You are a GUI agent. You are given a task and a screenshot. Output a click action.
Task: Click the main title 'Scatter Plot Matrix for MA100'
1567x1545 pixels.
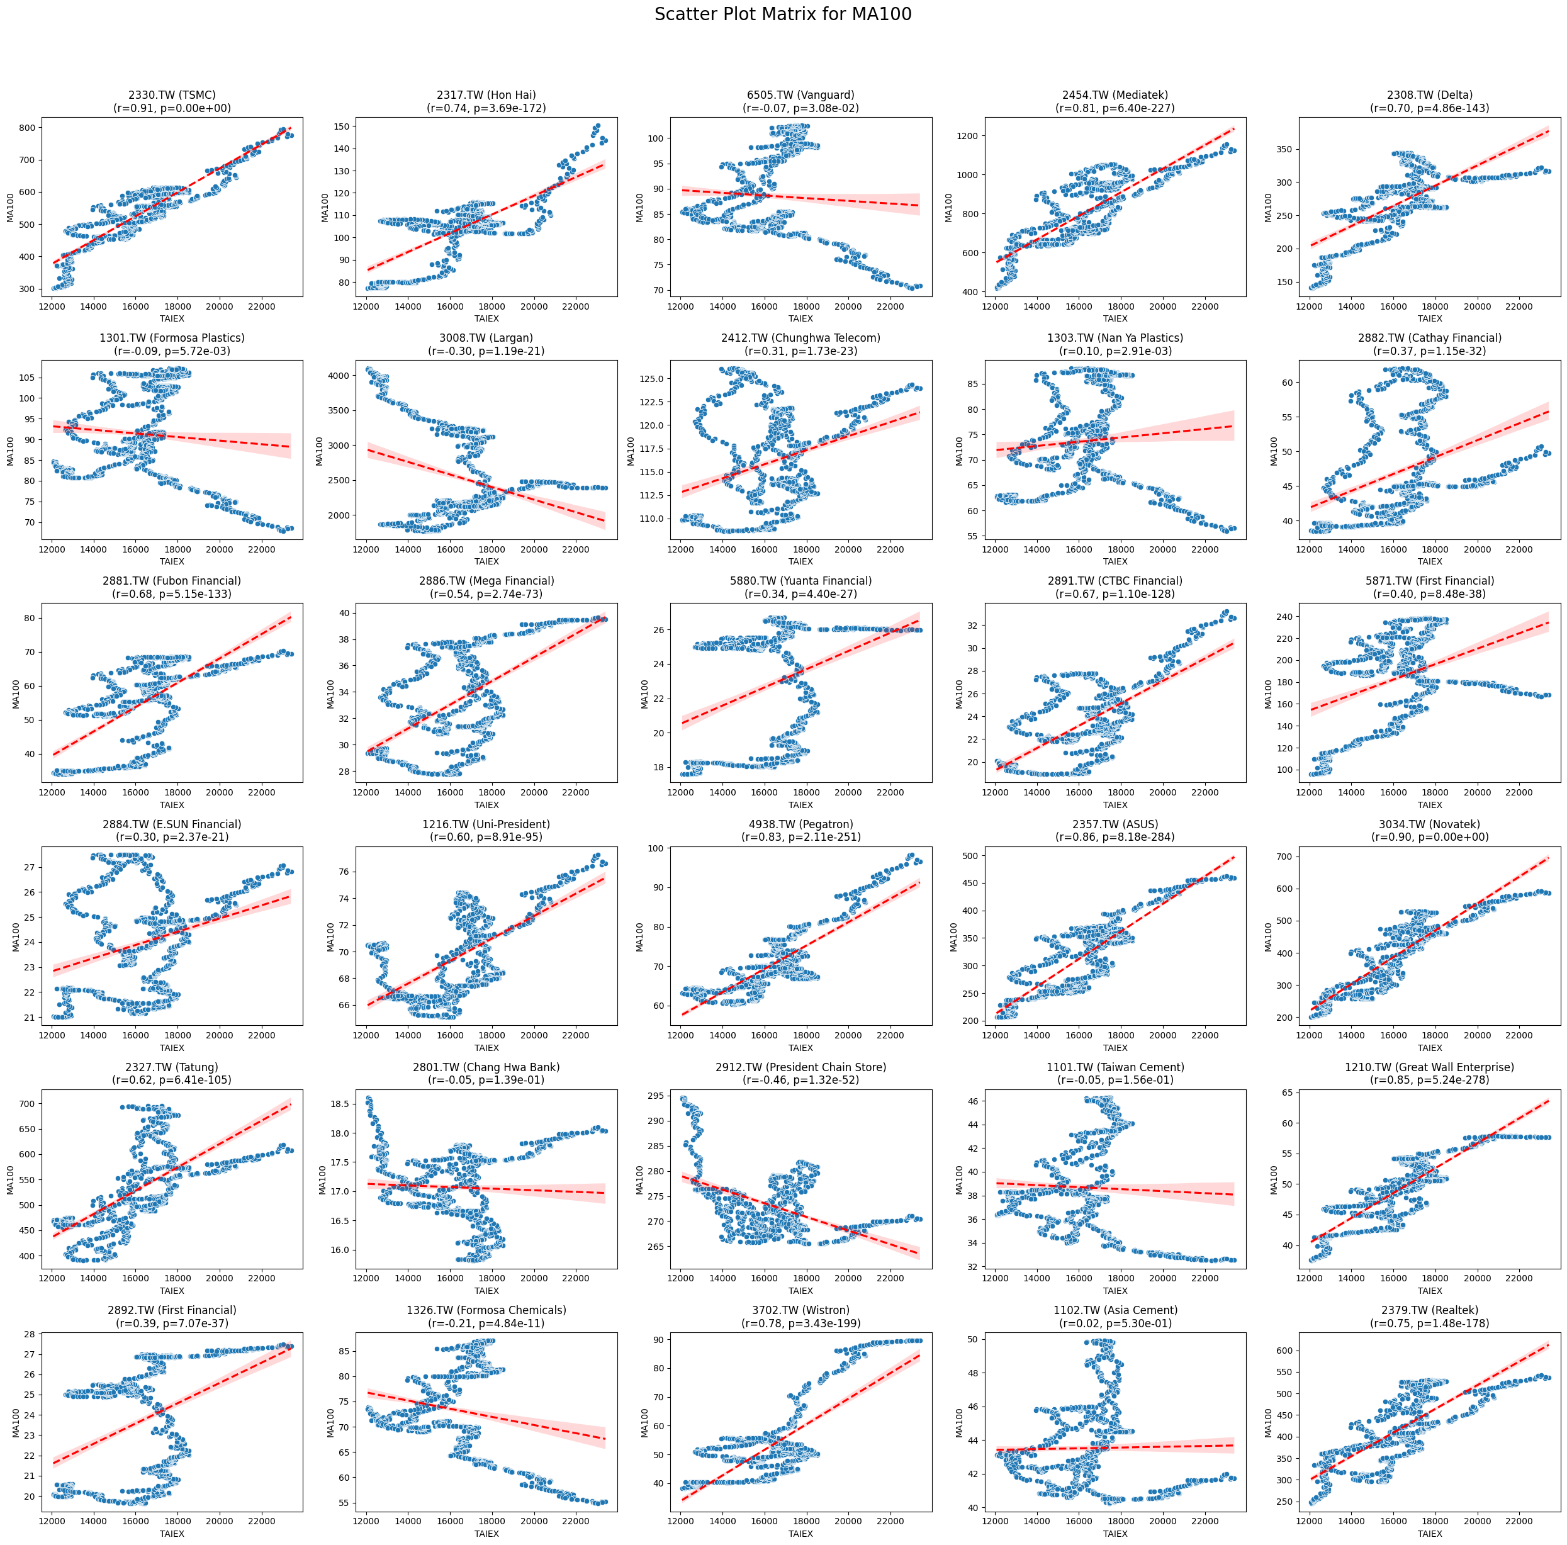tap(783, 14)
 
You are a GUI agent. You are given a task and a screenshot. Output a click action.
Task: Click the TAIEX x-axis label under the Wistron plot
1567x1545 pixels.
tap(800, 1534)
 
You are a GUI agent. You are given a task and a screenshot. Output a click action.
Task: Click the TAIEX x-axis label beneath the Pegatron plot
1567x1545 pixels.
tap(800, 1048)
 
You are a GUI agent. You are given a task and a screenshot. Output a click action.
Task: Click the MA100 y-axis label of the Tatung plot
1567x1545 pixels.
tap(11, 1180)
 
